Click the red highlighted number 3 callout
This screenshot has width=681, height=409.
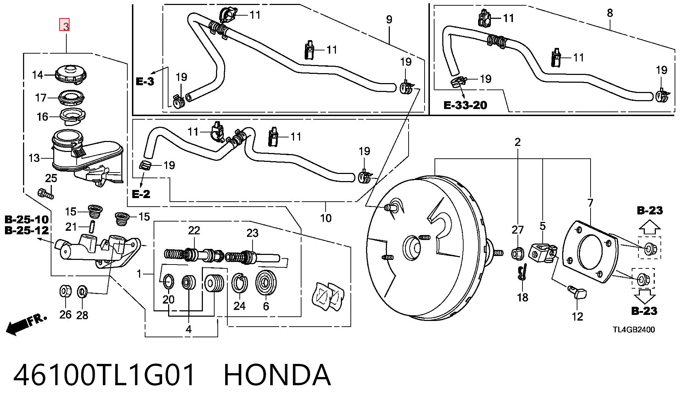[x=64, y=25]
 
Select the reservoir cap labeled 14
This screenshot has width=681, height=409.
[x=71, y=75]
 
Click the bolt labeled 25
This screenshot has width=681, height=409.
[x=45, y=193]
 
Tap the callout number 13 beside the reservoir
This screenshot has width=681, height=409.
[x=34, y=158]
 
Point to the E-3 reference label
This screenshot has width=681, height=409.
[x=145, y=81]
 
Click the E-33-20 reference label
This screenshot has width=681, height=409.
[x=465, y=105]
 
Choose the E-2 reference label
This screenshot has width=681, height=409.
[x=141, y=194]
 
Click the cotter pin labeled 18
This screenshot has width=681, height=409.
[x=522, y=273]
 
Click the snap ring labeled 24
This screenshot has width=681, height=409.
[x=239, y=284]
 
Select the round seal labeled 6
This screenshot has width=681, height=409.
[x=266, y=283]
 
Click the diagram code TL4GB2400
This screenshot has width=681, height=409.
[x=633, y=329]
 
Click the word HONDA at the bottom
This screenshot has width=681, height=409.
[x=277, y=375]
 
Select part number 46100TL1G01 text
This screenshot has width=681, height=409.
[x=104, y=375]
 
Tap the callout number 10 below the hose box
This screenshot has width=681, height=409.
[x=326, y=218]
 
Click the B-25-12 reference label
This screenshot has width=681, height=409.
[x=27, y=230]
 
